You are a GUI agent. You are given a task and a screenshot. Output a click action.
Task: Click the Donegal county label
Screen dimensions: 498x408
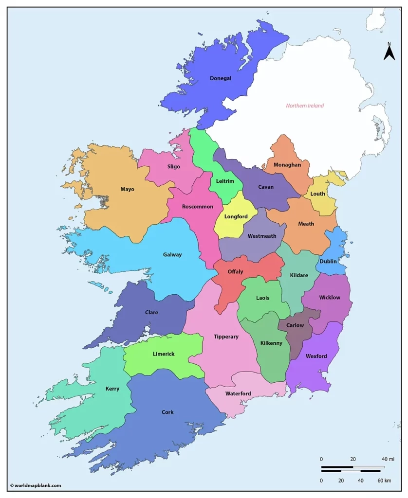point(221,78)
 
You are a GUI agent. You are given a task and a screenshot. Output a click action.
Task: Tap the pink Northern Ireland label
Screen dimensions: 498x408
point(305,106)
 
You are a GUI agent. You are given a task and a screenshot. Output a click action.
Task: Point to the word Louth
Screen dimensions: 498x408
point(318,194)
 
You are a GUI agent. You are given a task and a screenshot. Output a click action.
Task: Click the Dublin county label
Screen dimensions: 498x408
point(328,261)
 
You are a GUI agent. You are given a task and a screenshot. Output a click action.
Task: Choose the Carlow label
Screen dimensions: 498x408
point(295,325)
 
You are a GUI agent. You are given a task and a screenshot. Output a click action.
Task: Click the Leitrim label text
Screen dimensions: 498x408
point(225,181)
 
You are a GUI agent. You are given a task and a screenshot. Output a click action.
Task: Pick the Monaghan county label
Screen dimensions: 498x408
point(287,165)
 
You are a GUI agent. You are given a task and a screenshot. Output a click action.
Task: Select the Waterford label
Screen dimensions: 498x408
point(238,393)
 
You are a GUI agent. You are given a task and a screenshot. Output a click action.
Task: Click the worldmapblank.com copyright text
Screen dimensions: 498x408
point(36,485)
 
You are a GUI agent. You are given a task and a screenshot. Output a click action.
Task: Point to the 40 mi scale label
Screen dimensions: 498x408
point(388,459)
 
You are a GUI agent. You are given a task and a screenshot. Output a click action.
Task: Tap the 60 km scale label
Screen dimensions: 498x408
point(384,480)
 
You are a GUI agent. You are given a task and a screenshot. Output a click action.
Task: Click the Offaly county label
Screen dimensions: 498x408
point(235,272)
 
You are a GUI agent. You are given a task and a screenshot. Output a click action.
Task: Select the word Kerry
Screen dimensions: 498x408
point(112,389)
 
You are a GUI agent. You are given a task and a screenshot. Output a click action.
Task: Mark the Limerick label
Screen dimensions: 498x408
point(164,354)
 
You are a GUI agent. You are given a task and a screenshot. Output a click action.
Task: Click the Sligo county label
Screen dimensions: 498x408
point(174,167)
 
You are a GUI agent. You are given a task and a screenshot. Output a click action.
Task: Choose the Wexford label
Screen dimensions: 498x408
point(316,356)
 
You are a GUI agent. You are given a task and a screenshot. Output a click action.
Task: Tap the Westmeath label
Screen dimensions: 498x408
point(262,236)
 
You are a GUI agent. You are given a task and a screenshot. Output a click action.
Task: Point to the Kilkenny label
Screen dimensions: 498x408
point(271,343)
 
